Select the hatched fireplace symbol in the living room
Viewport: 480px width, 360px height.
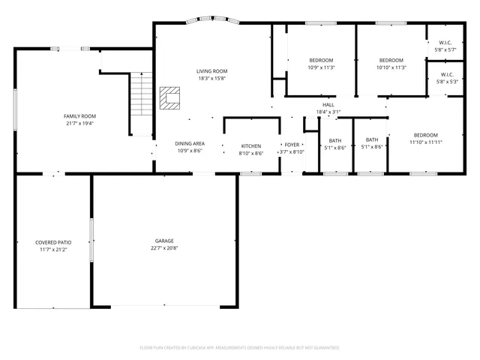[x=170, y=97]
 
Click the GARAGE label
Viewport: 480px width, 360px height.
[x=164, y=241]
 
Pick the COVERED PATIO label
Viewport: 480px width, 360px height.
[x=53, y=242]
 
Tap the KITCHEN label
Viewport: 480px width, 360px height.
[x=250, y=145]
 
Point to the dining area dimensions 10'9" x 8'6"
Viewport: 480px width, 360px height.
[x=190, y=151]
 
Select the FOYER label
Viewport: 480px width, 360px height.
[x=291, y=145]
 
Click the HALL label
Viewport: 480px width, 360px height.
[x=328, y=105]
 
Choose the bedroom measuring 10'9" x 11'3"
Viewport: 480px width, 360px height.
[x=321, y=60]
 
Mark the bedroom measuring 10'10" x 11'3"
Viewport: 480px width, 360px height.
[x=391, y=60]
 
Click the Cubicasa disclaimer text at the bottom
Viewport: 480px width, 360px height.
[x=239, y=348]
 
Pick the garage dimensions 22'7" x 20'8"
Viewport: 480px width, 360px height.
[x=164, y=248]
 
